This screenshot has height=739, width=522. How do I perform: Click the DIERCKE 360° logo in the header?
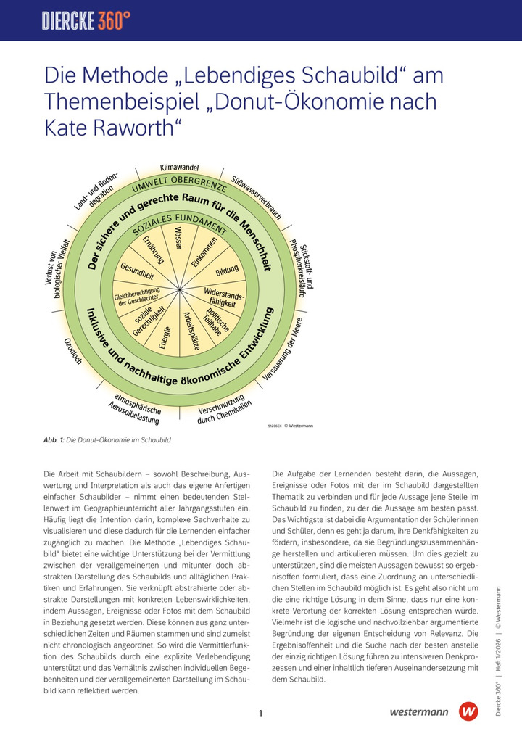pyautogui.click(x=86, y=20)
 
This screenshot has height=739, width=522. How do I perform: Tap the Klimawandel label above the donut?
pyautogui.click(x=179, y=168)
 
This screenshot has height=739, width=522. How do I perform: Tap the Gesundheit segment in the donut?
pyautogui.click(x=137, y=271)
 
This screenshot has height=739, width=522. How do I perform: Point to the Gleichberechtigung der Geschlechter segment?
pyautogui.click(x=137, y=296)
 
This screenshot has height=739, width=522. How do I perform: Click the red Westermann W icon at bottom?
pyautogui.click(x=469, y=711)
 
